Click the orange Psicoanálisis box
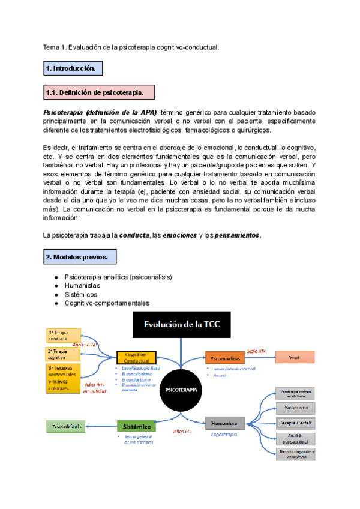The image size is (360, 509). tap(224, 358)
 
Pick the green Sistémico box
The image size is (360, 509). tap(138, 426)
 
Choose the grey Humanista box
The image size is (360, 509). tap(224, 423)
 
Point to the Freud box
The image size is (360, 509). tap(293, 358)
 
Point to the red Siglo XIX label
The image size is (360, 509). tap(256, 350)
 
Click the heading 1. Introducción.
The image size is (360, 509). tap(72, 69)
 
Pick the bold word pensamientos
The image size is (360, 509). tap(236, 236)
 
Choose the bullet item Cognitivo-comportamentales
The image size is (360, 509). tap(107, 303)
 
